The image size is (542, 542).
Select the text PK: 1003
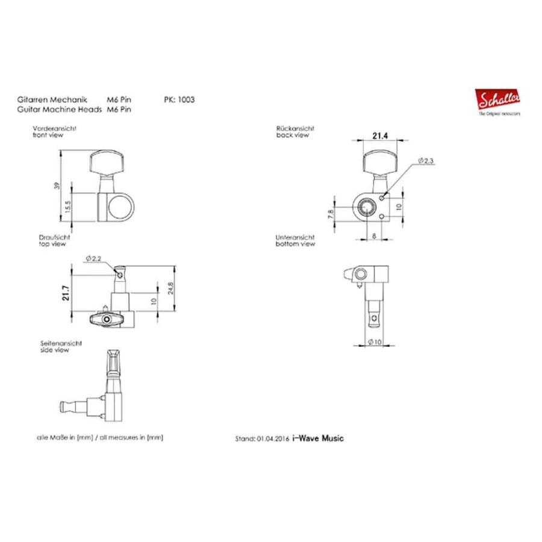(x=179, y=101)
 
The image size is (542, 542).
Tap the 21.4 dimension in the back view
(x=379, y=137)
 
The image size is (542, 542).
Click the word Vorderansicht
(x=54, y=129)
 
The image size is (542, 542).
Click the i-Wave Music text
(x=317, y=438)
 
